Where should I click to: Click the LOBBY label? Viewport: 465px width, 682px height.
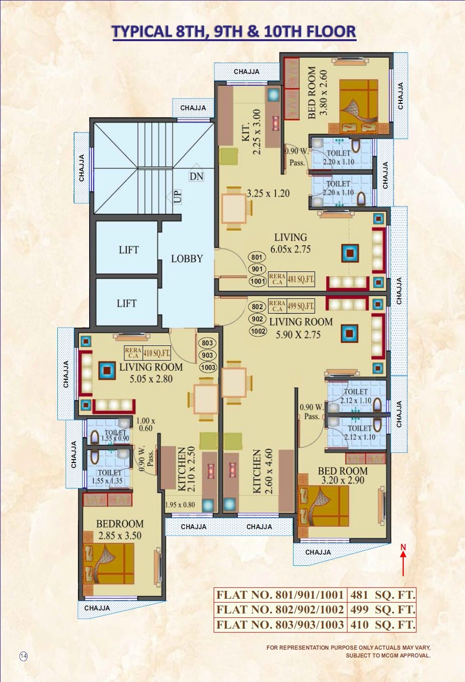click(x=187, y=259)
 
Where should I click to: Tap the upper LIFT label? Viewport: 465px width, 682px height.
click(x=128, y=250)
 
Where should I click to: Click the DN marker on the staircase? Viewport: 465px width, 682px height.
click(x=196, y=176)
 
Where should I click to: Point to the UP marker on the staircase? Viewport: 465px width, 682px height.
click(x=177, y=196)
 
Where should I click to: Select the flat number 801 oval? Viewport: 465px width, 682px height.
click(x=257, y=257)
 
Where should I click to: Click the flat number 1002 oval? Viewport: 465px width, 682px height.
click(x=258, y=331)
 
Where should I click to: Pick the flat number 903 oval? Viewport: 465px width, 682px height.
click(x=207, y=355)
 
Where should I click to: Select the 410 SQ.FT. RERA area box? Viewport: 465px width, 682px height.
click(x=156, y=353)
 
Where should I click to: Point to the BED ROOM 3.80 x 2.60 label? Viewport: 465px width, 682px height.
click(x=317, y=93)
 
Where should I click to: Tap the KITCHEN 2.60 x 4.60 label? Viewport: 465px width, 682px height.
click(x=262, y=471)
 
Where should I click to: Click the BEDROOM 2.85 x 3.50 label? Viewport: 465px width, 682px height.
click(x=120, y=530)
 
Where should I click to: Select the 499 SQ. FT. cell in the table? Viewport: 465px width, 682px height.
click(x=382, y=609)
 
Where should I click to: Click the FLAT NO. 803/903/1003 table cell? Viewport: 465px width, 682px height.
click(x=280, y=625)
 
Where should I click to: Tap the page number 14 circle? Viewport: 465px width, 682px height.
click(x=24, y=656)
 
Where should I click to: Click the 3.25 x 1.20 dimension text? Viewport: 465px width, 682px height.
click(x=268, y=194)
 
